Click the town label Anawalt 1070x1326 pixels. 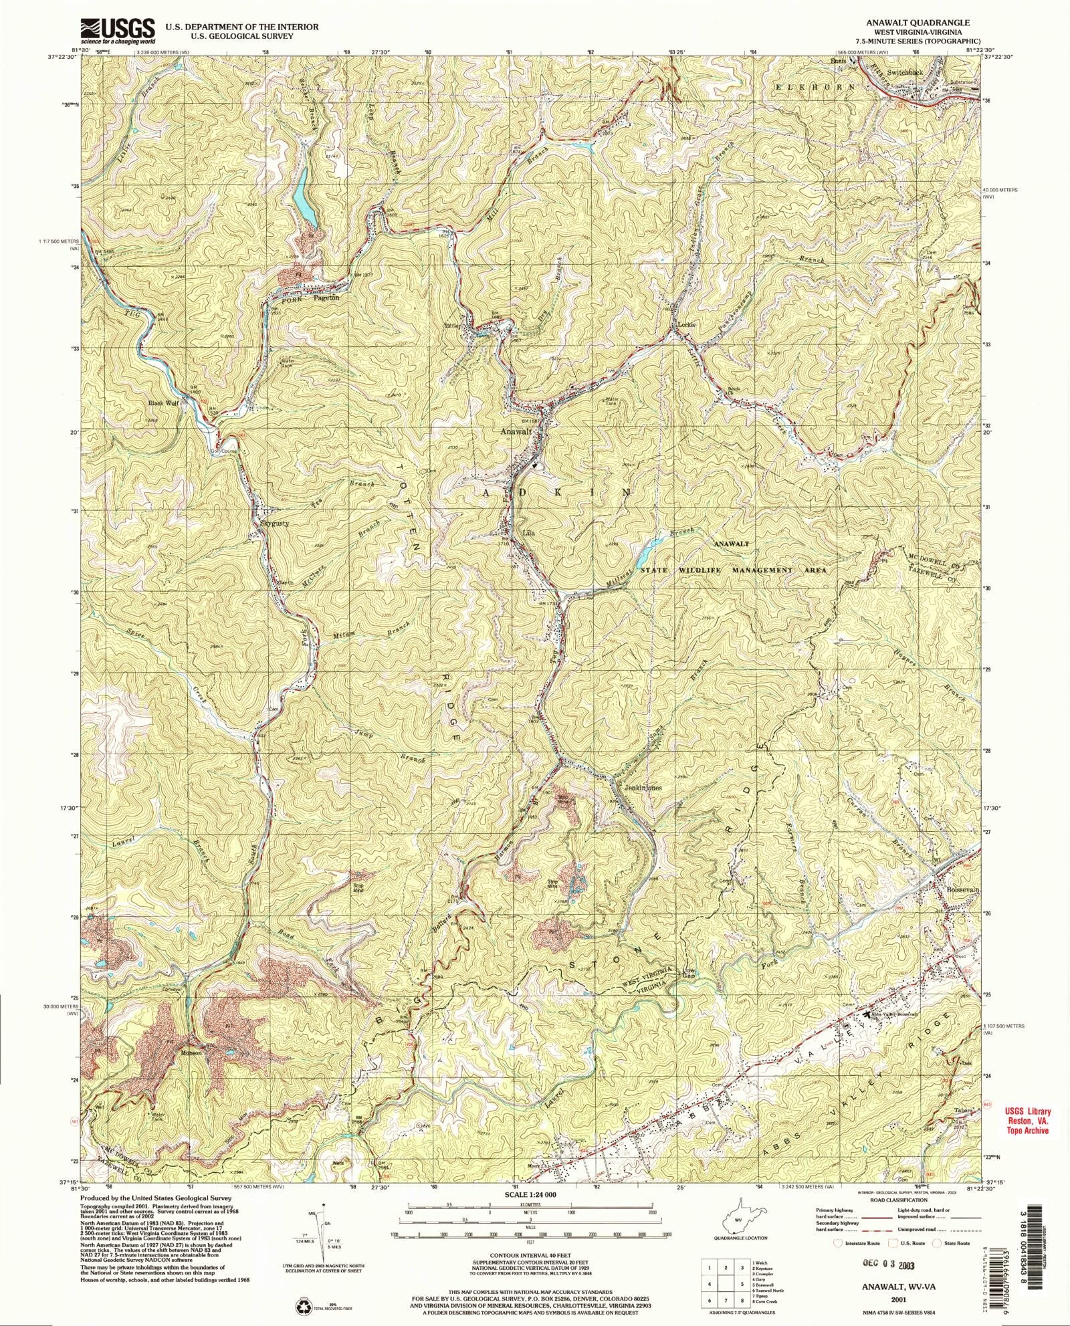click(x=516, y=432)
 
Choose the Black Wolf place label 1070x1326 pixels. click(x=165, y=404)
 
